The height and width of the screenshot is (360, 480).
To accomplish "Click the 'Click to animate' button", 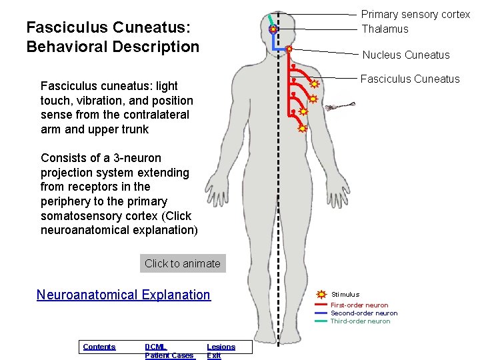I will [x=182, y=263].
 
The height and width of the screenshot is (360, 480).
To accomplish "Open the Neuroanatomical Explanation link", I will [x=123, y=295].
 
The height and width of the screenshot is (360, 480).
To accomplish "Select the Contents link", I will [x=99, y=347].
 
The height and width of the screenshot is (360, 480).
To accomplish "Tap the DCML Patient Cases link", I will [x=169, y=351].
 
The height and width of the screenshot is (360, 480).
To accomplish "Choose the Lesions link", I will [x=221, y=347].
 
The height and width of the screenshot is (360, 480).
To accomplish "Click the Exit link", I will [x=213, y=355].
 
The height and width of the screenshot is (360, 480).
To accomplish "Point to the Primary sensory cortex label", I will [x=415, y=15].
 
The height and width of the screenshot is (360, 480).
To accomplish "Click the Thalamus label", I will [x=385, y=29].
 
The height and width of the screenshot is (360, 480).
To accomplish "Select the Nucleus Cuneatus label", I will [x=405, y=55].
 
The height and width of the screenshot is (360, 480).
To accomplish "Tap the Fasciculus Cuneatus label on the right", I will [x=409, y=79].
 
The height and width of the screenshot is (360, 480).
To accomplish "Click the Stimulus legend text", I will [x=345, y=294].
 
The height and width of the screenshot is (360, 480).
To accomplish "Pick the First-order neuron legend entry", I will [x=359, y=305].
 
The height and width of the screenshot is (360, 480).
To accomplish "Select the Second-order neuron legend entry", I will [x=364, y=313].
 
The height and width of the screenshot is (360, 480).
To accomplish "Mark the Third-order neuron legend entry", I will [x=360, y=321].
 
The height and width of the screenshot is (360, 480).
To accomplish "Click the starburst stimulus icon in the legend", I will [x=321, y=294].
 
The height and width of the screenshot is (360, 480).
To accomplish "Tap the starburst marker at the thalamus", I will [x=273, y=30].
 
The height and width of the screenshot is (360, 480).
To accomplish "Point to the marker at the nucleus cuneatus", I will [x=289, y=49].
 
